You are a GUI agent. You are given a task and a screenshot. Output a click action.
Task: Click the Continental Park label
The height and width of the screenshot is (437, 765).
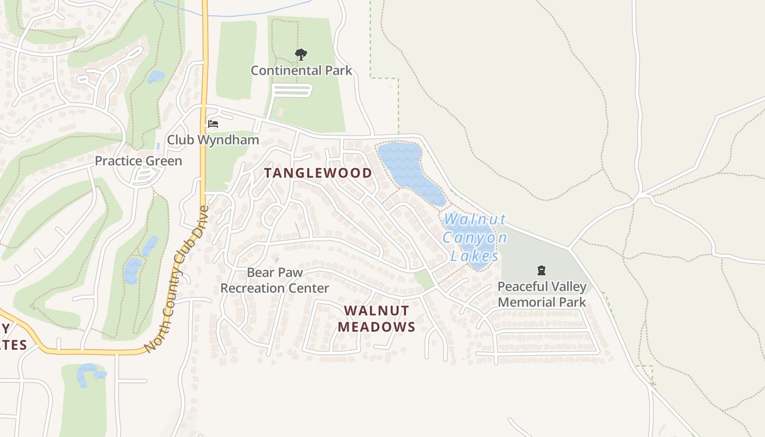click(x=301, y=70)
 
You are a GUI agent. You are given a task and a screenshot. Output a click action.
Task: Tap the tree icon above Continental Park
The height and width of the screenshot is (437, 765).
click(x=301, y=54)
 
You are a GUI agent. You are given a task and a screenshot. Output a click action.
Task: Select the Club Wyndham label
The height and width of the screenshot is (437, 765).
click(x=213, y=140)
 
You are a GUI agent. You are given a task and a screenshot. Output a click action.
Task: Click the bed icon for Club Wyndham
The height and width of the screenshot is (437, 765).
click(x=213, y=124)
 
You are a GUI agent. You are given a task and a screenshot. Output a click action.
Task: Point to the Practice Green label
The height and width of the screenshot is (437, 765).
click(x=138, y=161)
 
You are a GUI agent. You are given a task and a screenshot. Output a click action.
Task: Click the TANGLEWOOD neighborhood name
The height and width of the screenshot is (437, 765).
click(x=318, y=173)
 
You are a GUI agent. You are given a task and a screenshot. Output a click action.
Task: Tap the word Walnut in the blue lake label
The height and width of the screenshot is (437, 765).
click(x=474, y=220)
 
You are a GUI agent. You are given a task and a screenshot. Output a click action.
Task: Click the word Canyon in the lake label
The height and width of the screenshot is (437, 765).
click(x=474, y=238)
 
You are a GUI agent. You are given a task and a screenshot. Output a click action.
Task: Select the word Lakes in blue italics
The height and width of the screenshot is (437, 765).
click(x=475, y=256)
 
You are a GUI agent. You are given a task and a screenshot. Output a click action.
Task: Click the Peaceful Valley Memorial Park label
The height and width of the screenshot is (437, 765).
click(x=542, y=294)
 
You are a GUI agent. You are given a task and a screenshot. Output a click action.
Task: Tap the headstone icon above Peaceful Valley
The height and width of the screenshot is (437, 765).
click(x=542, y=270)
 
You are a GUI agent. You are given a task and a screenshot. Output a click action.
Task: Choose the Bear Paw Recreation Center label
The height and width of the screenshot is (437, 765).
click(x=274, y=280)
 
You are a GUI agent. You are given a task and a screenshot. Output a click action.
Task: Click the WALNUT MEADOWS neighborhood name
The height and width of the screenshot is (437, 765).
click(x=376, y=318)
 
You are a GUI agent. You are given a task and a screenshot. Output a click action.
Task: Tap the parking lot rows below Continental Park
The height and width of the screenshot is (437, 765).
click(x=292, y=90)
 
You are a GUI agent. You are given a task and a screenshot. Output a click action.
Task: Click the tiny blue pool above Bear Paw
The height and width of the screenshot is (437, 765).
click(x=277, y=259)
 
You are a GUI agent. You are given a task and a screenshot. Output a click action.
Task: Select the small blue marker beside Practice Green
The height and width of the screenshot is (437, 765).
click(x=158, y=146)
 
